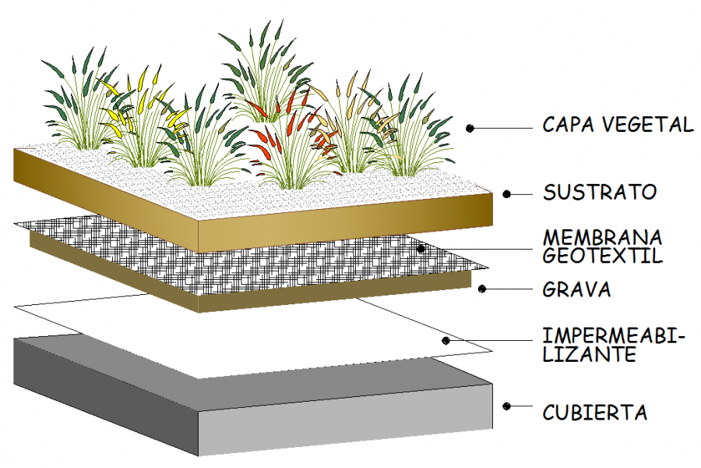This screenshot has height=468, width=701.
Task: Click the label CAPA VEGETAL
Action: point(617,125)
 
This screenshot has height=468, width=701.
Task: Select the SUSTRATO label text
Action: point(600,192)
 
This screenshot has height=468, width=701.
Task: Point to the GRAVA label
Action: point(576,290)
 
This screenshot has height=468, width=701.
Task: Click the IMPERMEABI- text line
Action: point(612,337)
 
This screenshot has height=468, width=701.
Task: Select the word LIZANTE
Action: point(589,355)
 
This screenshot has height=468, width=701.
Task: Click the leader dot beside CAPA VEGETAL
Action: point(470,127)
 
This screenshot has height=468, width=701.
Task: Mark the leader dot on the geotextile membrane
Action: point(420,249)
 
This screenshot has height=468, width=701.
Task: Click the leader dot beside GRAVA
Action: point(483,289)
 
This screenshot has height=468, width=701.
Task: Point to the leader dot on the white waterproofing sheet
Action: point(446,340)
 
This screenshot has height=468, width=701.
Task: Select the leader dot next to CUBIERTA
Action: point(506,406)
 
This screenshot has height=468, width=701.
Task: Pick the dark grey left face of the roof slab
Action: point(101,390)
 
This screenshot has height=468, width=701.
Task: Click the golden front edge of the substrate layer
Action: point(343,226)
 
